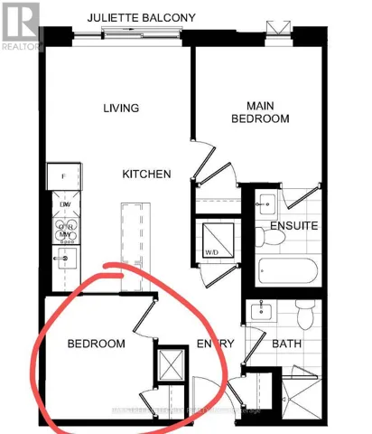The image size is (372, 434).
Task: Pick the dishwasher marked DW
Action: tap(65, 204)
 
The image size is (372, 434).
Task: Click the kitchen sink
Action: tap(63, 259)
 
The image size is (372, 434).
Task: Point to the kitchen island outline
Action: tap(135, 235)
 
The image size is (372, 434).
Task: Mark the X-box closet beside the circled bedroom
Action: tap(170, 366)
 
